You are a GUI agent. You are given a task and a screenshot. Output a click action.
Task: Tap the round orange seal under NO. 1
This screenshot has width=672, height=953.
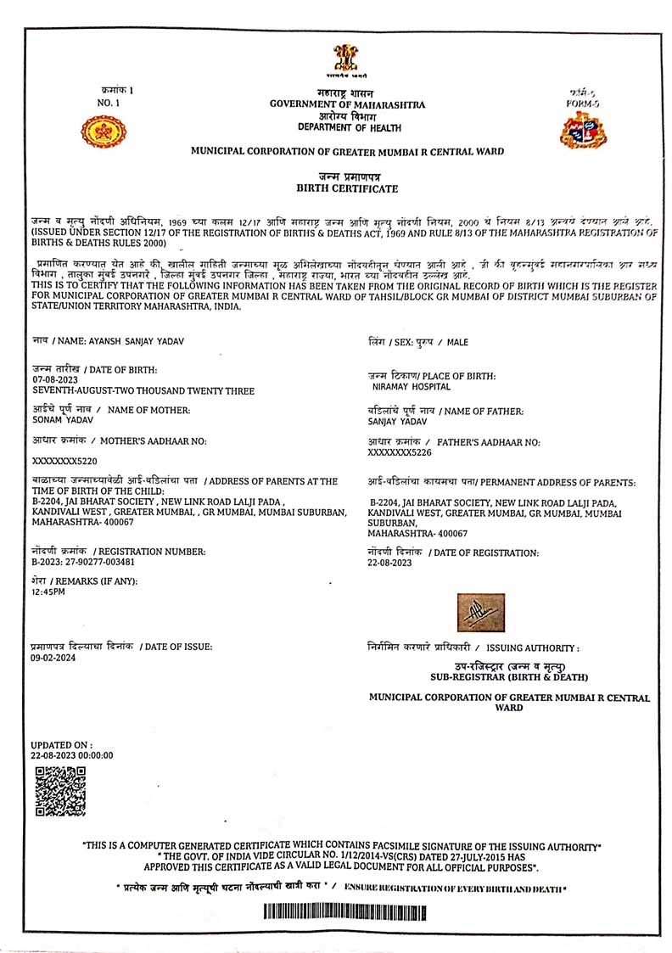pos(103,132)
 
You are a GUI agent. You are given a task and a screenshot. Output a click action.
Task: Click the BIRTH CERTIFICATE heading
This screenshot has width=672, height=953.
pos(346,188)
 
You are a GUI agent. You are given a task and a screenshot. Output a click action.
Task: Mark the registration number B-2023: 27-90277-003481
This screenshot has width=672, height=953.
pos(83,562)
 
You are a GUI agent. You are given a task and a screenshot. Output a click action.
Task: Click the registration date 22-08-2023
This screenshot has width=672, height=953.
pos(389,563)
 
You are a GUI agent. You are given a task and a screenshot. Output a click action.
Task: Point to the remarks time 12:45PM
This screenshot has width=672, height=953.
pos(48,592)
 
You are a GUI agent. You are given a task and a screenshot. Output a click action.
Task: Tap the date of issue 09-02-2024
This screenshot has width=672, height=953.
pos(53,657)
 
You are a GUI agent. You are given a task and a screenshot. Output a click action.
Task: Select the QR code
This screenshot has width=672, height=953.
pos(60,791)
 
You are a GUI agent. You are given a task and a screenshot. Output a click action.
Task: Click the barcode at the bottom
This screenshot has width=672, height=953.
pos(344,913)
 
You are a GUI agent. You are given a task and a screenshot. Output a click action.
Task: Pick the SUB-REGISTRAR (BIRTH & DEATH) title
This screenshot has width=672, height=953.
pos(509,677)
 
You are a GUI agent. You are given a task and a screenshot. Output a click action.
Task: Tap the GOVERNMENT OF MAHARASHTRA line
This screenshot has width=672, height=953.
pos(348,104)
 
